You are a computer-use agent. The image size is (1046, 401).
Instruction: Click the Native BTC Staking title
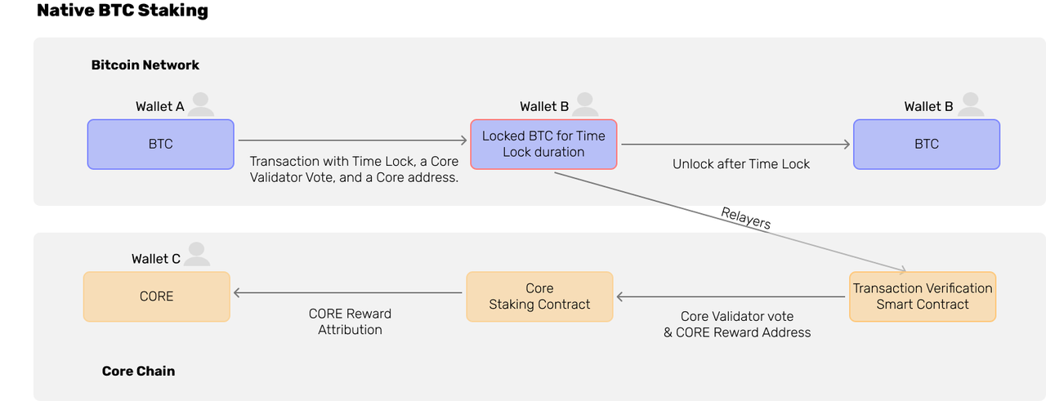click(123, 11)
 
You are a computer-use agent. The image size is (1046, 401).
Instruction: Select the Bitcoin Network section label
click(145, 65)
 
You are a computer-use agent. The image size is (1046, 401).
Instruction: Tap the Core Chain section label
click(139, 371)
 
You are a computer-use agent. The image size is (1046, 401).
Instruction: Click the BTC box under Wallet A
click(161, 145)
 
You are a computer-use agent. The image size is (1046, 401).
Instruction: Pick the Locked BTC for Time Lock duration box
click(543, 145)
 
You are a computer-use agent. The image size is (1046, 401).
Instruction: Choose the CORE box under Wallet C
click(156, 297)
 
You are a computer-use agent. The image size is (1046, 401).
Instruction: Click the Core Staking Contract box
click(539, 297)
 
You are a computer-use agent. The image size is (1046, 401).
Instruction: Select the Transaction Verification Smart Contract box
click(923, 297)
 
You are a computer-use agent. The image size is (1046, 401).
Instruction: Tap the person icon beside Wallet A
click(201, 105)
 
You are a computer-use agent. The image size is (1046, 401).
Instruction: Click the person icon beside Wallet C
click(197, 255)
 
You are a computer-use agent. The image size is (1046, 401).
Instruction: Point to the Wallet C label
click(156, 259)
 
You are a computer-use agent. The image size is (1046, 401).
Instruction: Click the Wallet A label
click(159, 107)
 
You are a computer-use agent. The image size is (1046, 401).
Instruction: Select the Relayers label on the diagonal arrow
click(746, 218)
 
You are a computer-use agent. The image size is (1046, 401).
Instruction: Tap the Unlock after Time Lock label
click(741, 164)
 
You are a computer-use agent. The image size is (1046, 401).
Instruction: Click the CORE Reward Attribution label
click(350, 322)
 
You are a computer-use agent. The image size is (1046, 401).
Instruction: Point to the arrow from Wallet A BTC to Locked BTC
click(352, 140)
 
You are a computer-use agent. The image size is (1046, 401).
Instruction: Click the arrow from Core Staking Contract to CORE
click(348, 292)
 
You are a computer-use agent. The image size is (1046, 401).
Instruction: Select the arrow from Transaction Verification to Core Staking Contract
click(731, 296)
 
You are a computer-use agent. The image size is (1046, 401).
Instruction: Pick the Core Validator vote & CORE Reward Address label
click(737, 324)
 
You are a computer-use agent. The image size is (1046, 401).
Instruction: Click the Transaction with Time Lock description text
click(354, 169)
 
